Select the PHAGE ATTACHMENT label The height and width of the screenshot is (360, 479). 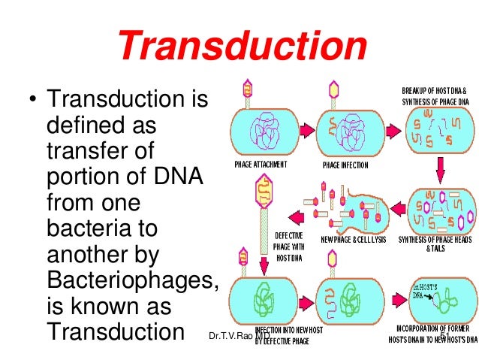click(261, 164)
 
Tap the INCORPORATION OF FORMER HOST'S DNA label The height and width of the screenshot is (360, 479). click(436, 335)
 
